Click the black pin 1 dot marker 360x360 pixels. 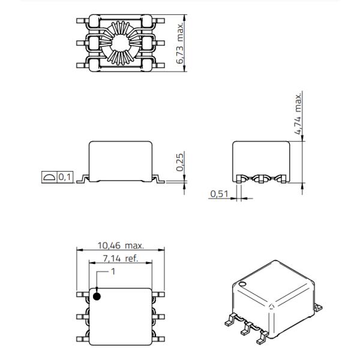point(97,295)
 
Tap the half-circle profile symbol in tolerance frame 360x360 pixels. point(48,178)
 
